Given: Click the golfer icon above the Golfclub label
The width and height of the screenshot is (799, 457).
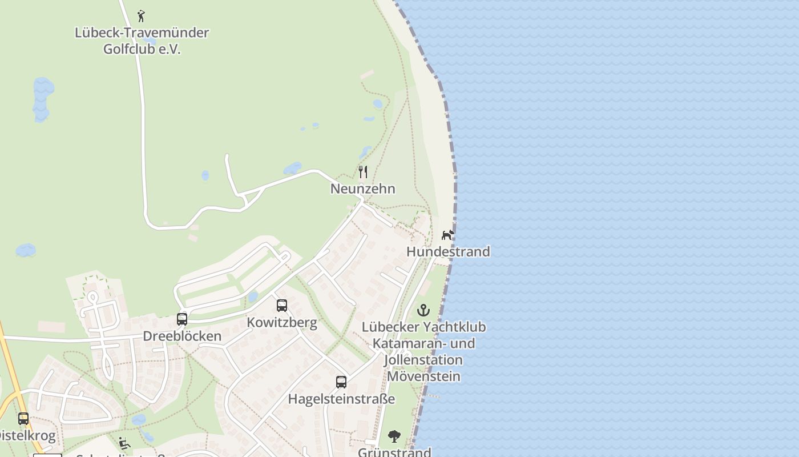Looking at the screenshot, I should (x=141, y=16).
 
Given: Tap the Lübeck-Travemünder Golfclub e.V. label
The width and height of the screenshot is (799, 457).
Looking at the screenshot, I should (x=142, y=41).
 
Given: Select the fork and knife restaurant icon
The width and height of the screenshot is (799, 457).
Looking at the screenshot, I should (x=362, y=171).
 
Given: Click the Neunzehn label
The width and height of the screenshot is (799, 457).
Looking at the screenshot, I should (x=362, y=189).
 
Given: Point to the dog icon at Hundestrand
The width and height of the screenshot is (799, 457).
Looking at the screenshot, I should (x=448, y=235).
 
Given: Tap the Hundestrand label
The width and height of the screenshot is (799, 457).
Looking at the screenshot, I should (x=448, y=251).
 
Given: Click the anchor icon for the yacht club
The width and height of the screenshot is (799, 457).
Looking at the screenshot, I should (x=423, y=310).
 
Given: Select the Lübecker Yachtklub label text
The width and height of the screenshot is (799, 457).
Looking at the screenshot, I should (x=423, y=327).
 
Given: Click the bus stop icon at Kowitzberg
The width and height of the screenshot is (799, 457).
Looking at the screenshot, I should (x=282, y=306).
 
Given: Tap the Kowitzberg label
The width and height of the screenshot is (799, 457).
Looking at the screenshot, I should (x=282, y=322).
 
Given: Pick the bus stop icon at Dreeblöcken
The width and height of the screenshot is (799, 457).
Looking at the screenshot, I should (x=182, y=319).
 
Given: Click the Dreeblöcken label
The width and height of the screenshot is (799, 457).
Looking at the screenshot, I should (x=182, y=336).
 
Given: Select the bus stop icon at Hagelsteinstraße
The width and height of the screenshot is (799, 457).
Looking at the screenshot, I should (x=341, y=382).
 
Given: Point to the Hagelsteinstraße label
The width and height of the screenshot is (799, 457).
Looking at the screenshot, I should (x=341, y=399).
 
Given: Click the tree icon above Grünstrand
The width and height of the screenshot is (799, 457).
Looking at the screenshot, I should (x=394, y=437).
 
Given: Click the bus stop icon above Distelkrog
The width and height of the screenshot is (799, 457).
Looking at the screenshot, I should (x=23, y=419).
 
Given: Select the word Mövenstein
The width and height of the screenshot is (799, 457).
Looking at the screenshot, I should (x=423, y=376).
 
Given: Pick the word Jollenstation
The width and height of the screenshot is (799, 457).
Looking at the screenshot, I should (x=423, y=360).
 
